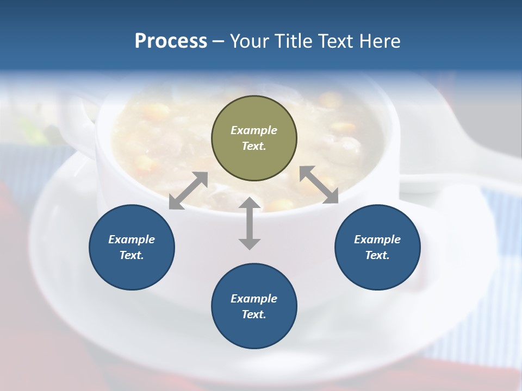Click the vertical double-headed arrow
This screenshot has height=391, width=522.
250,223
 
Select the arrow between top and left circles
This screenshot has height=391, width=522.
188,191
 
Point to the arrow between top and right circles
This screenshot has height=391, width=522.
319,185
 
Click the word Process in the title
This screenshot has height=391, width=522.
171,41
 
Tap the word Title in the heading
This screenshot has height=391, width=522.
295,41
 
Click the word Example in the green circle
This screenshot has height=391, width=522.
254,130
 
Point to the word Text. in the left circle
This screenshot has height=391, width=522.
132,255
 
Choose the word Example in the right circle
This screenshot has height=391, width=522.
377,239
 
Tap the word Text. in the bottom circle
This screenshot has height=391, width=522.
254,314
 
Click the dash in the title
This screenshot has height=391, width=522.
219,42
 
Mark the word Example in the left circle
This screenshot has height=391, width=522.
132,239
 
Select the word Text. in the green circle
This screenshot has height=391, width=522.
254,146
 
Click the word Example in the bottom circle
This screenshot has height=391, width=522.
254,299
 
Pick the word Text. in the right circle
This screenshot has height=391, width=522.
377,255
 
